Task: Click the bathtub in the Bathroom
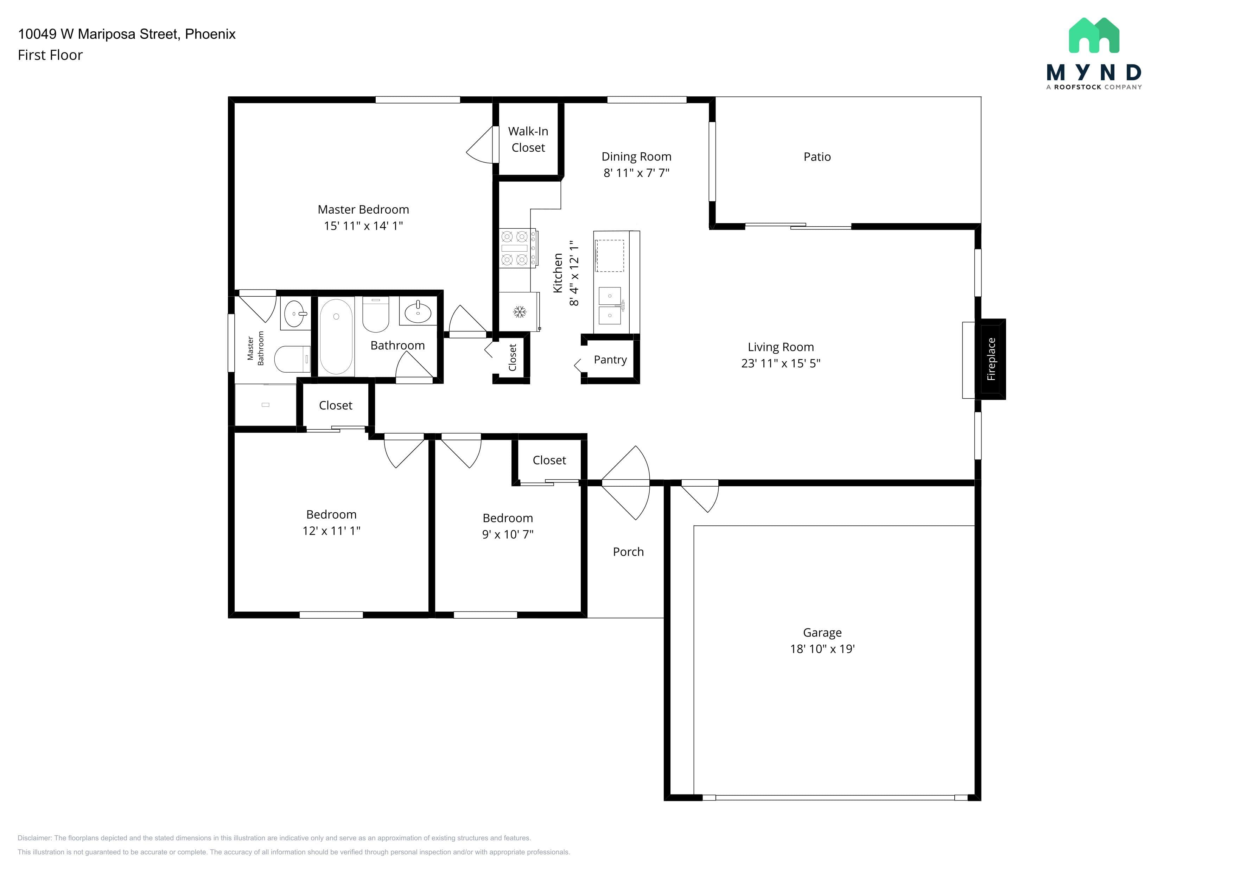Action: pos(336,336)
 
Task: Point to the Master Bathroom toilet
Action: pos(292,359)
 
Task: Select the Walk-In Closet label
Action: pos(528,139)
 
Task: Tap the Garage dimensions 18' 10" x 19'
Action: pos(822,649)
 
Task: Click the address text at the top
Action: pos(127,34)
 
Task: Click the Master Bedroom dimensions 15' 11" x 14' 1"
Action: pos(363,226)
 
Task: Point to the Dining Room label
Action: pos(636,157)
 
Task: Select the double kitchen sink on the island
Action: pos(610,306)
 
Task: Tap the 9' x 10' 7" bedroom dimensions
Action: pos(508,534)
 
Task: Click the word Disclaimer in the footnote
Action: pos(34,838)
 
